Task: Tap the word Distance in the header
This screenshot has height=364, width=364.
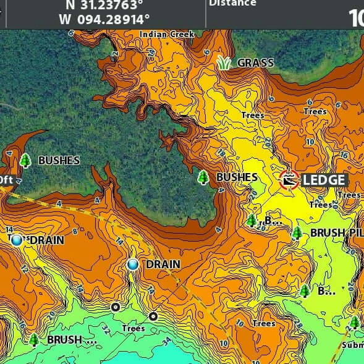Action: [x=232, y=4]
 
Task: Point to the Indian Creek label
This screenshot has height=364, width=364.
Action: [x=167, y=35]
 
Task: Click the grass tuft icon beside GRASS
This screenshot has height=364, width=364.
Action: [x=224, y=62]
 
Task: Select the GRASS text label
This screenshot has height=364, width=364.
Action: [x=255, y=63]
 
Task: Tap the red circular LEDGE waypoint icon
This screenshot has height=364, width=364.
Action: [x=289, y=180]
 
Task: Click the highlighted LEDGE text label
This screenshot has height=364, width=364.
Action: [x=324, y=180]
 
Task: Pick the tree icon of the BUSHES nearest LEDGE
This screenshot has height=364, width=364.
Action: [x=203, y=177]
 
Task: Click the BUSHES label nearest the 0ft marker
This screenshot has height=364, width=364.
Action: [x=59, y=161]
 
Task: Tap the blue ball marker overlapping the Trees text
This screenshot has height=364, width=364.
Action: [x=17, y=240]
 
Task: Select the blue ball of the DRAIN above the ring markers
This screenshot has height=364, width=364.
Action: [x=133, y=265]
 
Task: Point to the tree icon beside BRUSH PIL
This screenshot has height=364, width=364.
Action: [x=297, y=233]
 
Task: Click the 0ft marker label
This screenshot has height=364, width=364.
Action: [x=6, y=180]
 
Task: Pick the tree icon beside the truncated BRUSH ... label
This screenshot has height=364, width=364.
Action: [x=34, y=339]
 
